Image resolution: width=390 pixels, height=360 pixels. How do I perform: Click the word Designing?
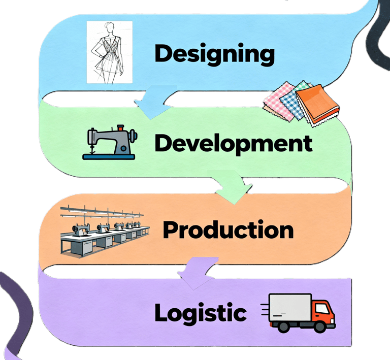click(214, 54)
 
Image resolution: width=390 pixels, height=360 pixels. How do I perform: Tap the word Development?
click(233, 143)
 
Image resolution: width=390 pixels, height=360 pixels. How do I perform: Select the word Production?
click(228, 230)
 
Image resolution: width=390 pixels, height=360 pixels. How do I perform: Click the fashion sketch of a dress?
click(109, 52)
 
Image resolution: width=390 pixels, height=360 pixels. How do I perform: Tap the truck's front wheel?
click(319, 327)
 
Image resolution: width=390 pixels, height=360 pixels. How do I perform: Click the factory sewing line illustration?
click(104, 231)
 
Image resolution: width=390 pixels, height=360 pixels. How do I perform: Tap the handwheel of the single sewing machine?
click(133, 135)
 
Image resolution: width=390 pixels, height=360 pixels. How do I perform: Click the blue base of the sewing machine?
click(109, 156)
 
